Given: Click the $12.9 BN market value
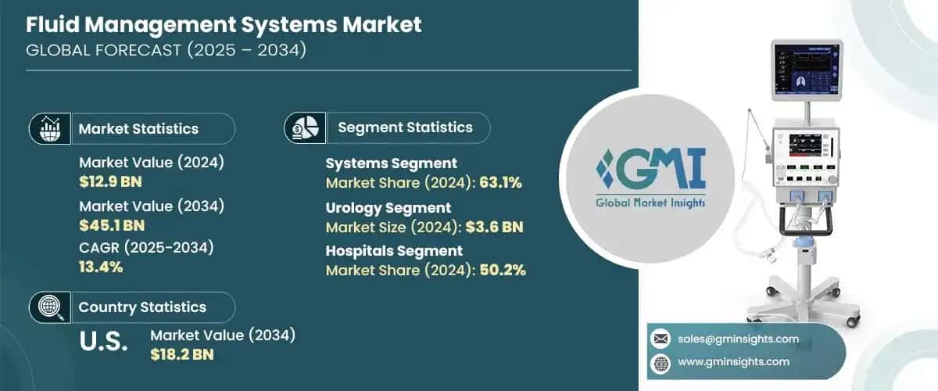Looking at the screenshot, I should (110, 182).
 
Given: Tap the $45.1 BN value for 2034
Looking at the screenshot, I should (110, 226).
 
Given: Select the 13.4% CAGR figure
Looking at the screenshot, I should (101, 267).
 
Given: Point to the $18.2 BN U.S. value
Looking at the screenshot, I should (181, 354).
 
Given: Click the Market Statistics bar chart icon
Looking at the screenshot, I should (50, 128).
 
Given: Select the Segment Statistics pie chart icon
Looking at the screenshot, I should (305, 127).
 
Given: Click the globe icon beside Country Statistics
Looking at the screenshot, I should (50, 307).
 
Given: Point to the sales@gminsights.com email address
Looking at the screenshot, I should (738, 339).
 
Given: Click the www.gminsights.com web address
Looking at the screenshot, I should (733, 361).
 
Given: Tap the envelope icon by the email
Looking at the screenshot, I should (661, 339).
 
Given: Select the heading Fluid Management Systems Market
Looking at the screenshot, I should (224, 24).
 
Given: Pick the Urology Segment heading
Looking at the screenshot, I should (388, 208).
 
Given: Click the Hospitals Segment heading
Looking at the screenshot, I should (394, 251).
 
